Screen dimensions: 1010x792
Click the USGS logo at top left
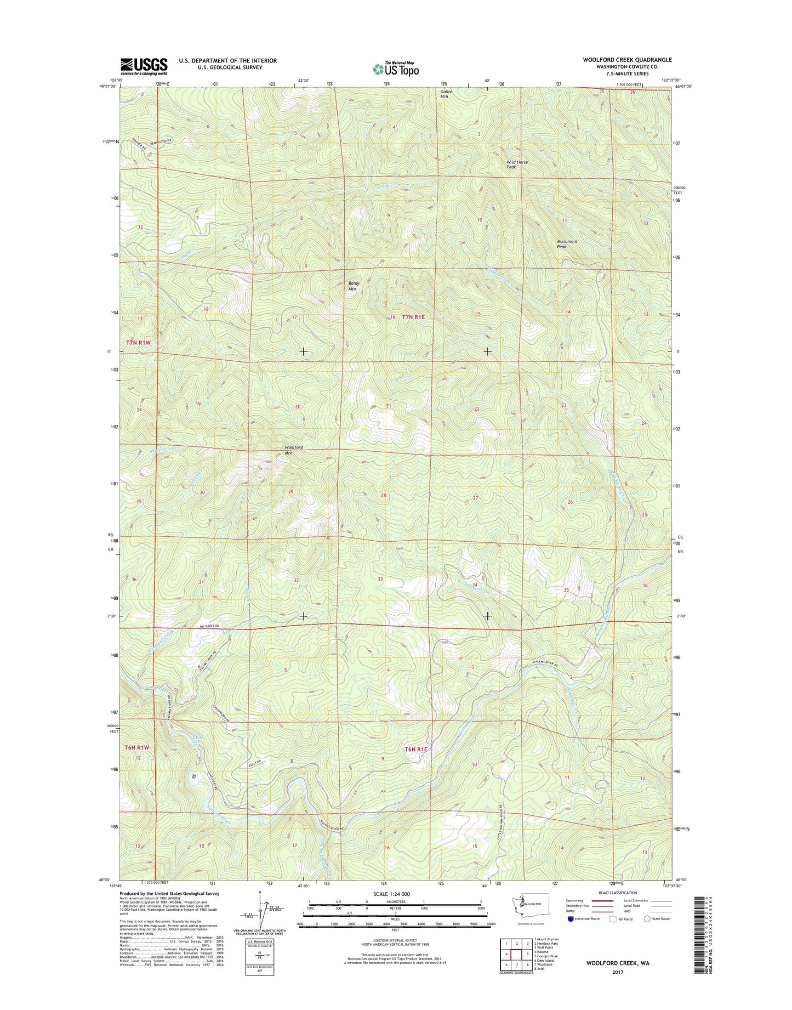pyautogui.click(x=144, y=66)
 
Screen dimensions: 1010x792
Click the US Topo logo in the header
pyautogui.click(x=396, y=69)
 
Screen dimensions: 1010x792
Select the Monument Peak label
pyautogui.click(x=567, y=244)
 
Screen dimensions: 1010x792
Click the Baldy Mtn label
pyautogui.click(x=352, y=286)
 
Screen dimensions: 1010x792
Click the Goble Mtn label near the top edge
pyautogui.click(x=446, y=94)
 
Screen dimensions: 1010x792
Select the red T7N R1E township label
pyautogui.click(x=413, y=317)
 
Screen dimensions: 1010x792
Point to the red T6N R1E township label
pyautogui.click(x=415, y=749)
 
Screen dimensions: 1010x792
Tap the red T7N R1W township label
pyautogui.click(x=138, y=342)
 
